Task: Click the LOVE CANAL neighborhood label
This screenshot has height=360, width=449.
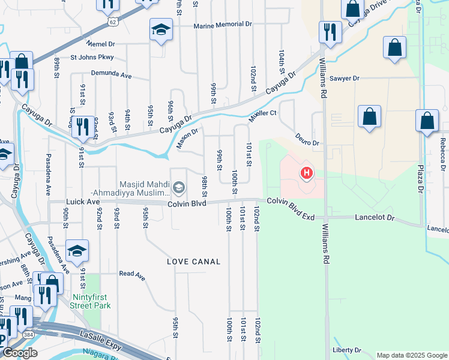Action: point(194,262)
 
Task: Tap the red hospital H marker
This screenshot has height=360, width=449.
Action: point(307,173)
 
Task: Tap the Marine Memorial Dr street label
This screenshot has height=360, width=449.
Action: point(223,25)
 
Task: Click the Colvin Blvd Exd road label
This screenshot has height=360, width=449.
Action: point(291,204)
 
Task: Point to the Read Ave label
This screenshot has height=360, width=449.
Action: point(132,275)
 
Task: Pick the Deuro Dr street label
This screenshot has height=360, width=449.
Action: point(309,140)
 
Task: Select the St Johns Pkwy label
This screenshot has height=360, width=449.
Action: point(92,58)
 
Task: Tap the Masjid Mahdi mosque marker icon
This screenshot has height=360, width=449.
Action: point(178,188)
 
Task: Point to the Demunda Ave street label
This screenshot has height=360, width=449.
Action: point(111,75)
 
